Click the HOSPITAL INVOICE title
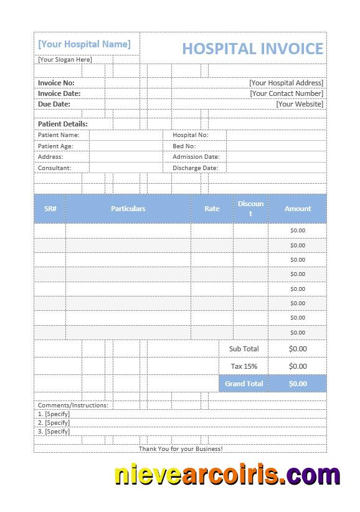[x=252, y=49]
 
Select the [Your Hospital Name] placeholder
[x=84, y=44]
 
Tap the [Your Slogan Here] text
[x=65, y=60]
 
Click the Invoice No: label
[x=56, y=83]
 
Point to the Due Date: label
[x=54, y=104]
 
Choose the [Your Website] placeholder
[x=300, y=104]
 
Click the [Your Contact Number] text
[x=287, y=93]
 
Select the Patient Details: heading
[x=63, y=124]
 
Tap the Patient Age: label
[x=55, y=146]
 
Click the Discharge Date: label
[x=196, y=168]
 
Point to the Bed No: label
[x=184, y=146]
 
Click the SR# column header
[x=50, y=209]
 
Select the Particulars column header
[x=128, y=209]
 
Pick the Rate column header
[x=212, y=209]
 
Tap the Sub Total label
[x=244, y=349]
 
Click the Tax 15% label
[x=244, y=366]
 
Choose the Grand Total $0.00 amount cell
[x=298, y=384]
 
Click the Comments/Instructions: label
[x=73, y=405]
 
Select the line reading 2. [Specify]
[x=54, y=422]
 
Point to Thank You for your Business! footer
[x=181, y=448]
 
